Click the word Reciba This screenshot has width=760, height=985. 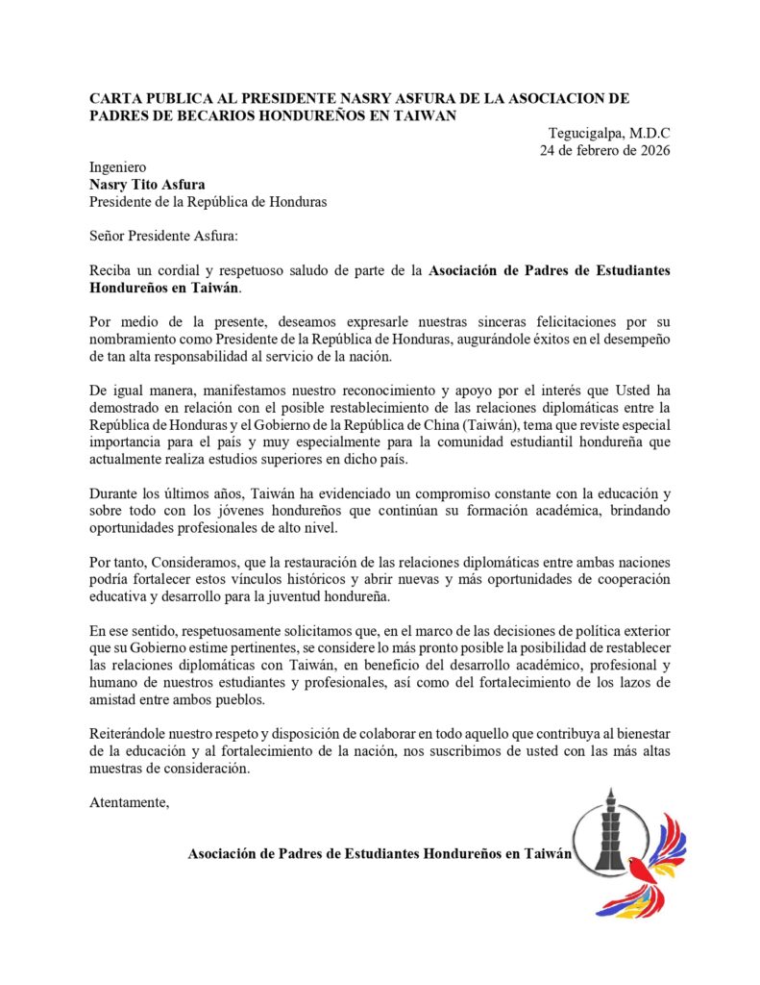click(x=110, y=271)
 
